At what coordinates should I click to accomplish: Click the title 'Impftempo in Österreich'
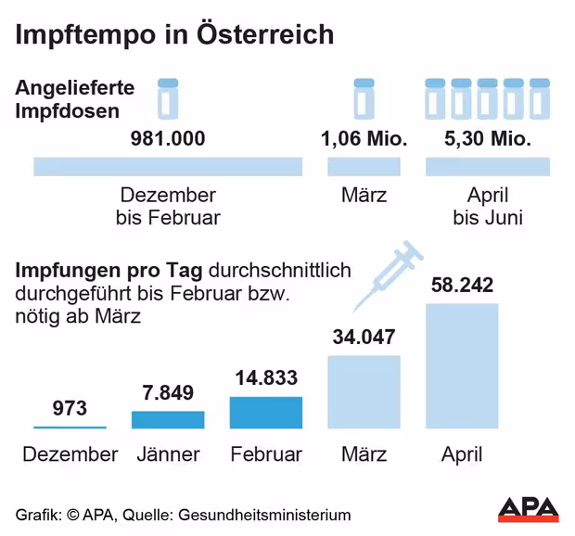[x=173, y=35]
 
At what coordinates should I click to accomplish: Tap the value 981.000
[x=167, y=139]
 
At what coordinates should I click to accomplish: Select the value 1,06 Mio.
[x=364, y=139]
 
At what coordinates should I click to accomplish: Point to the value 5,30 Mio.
[x=487, y=139]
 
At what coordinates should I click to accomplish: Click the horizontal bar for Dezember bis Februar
[x=168, y=167]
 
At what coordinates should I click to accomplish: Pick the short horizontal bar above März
[x=364, y=167]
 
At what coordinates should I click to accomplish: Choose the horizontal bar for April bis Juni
[x=488, y=167]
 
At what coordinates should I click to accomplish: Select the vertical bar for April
[x=462, y=365]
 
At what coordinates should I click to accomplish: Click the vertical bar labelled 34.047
[x=364, y=391]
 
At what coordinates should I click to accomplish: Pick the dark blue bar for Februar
[x=266, y=412]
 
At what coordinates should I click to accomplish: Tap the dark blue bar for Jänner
[x=168, y=419]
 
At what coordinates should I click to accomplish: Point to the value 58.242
[x=462, y=286]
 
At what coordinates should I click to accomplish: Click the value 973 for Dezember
[x=70, y=408]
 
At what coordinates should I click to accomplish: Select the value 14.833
[x=266, y=378]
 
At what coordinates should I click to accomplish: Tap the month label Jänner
[x=168, y=454]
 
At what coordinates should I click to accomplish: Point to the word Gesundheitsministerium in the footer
[x=264, y=515]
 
